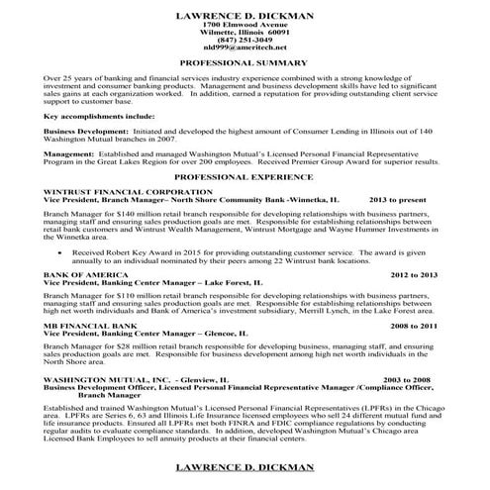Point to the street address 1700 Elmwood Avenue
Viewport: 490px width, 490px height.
(x=245, y=24)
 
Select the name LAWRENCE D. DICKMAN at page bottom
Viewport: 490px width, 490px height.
(x=245, y=464)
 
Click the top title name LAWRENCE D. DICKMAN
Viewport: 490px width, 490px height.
(x=245, y=15)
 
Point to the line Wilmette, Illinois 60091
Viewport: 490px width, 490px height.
(x=245, y=31)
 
